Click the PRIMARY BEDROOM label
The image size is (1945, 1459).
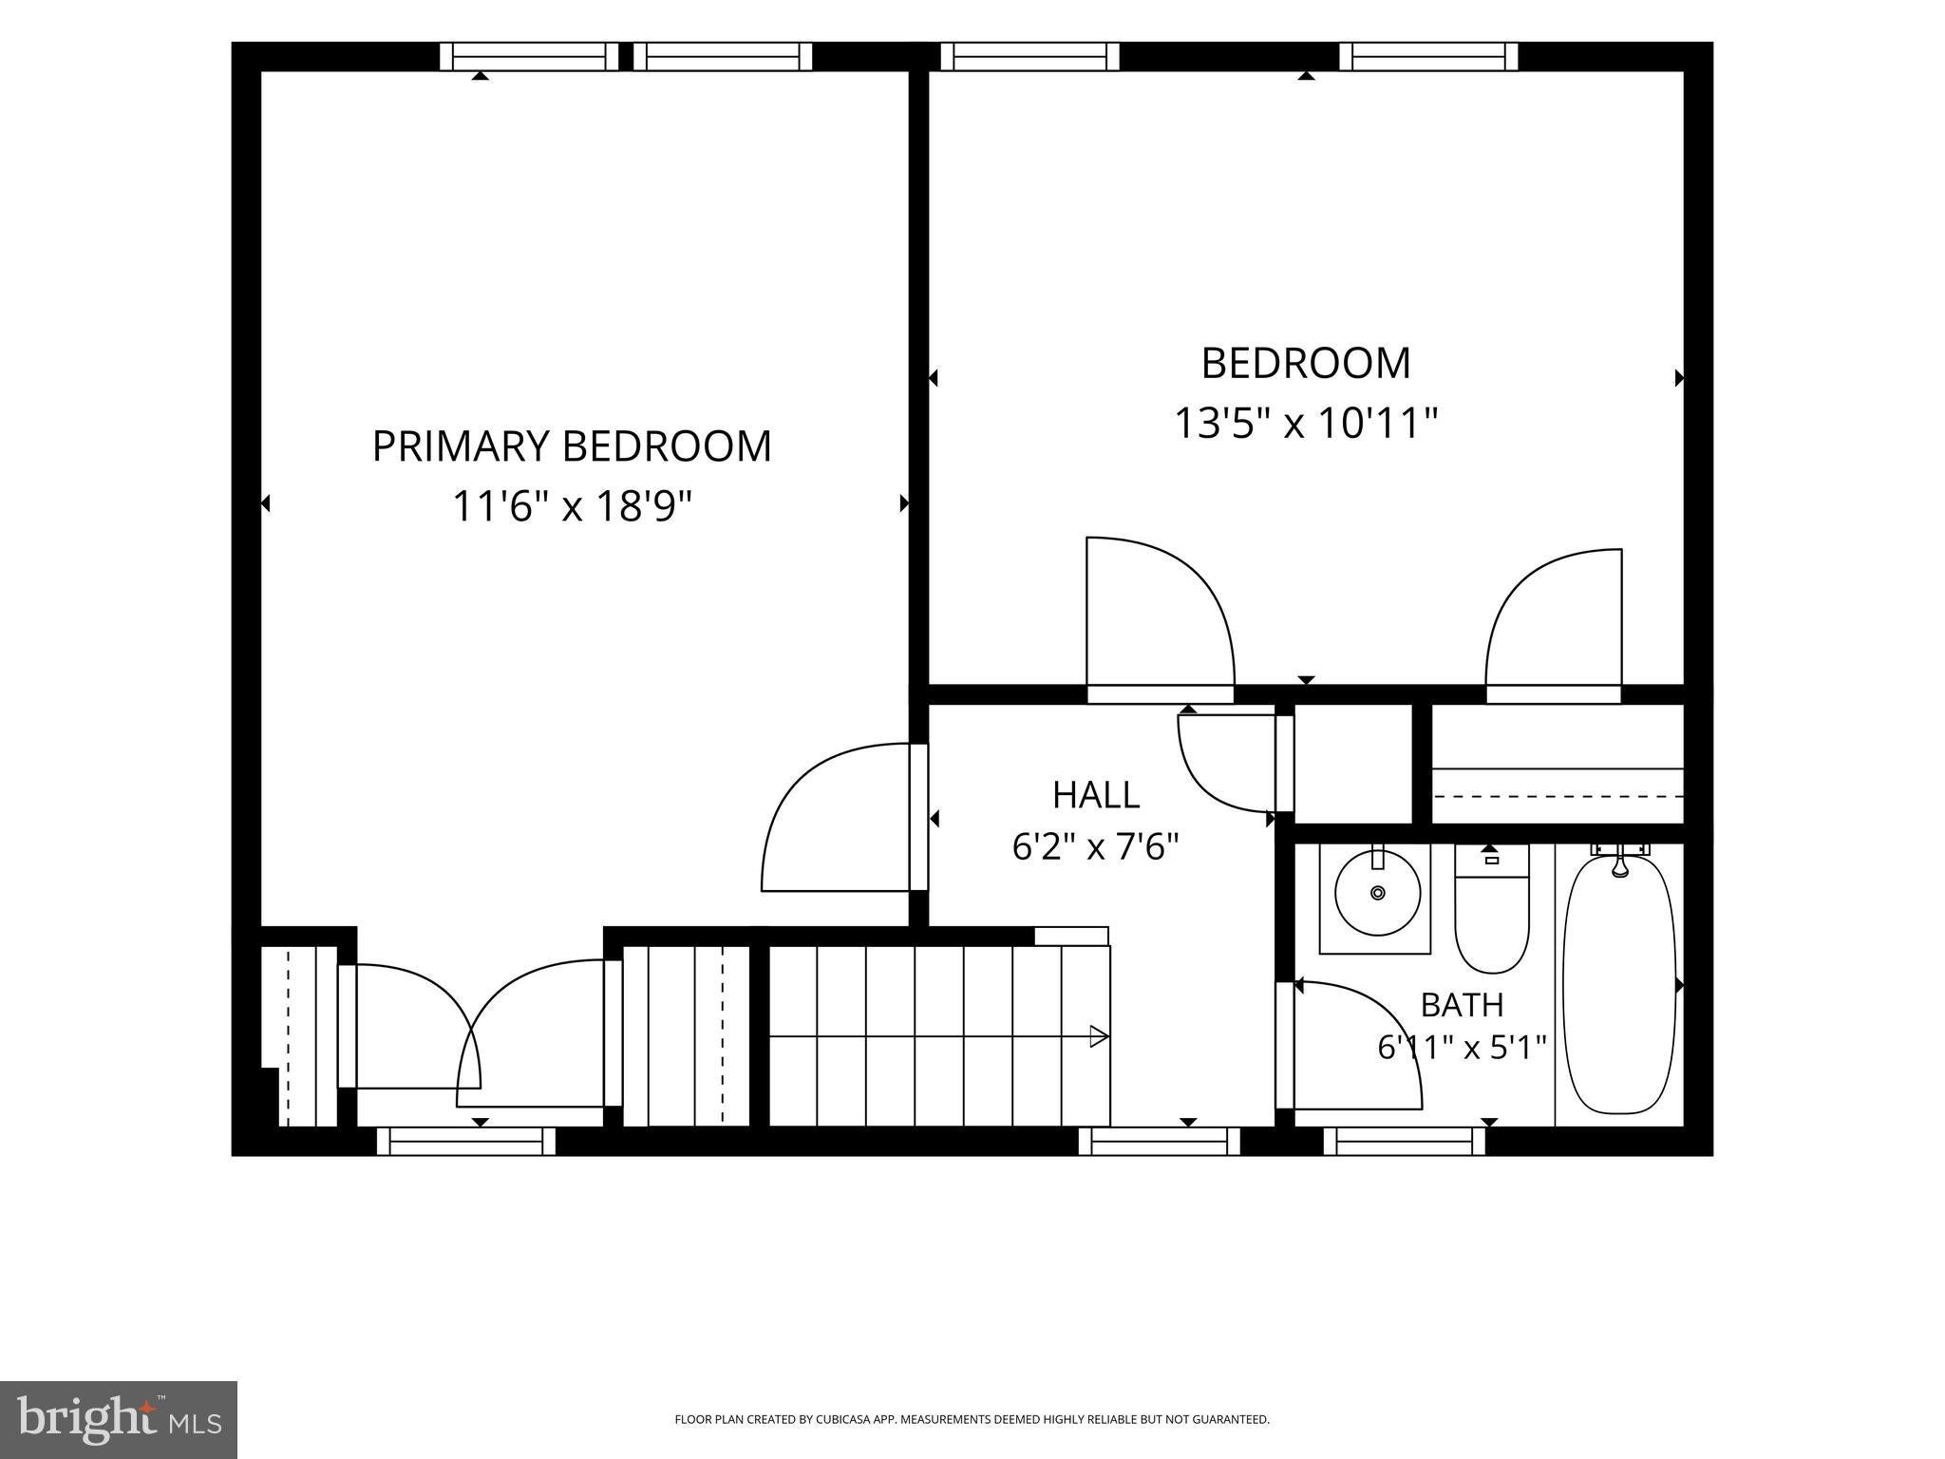(571, 446)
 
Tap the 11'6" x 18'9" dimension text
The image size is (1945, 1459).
(571, 506)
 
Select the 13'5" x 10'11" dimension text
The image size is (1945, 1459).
(1306, 423)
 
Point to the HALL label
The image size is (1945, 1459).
(1096, 795)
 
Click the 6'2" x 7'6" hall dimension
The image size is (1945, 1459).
(1096, 845)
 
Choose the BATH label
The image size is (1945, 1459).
(1462, 1004)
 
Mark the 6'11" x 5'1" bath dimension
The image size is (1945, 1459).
(1462, 1047)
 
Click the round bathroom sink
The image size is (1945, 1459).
(1377, 892)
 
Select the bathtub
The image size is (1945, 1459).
(1620, 986)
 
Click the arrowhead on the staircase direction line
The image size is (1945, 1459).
(1099, 1036)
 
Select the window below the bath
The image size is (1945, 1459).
(1404, 1141)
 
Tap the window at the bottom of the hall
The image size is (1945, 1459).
(1160, 1141)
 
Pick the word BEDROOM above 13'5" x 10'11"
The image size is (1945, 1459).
(1306, 363)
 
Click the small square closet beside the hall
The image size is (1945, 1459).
(1353, 764)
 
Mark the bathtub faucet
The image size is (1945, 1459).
(1620, 862)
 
